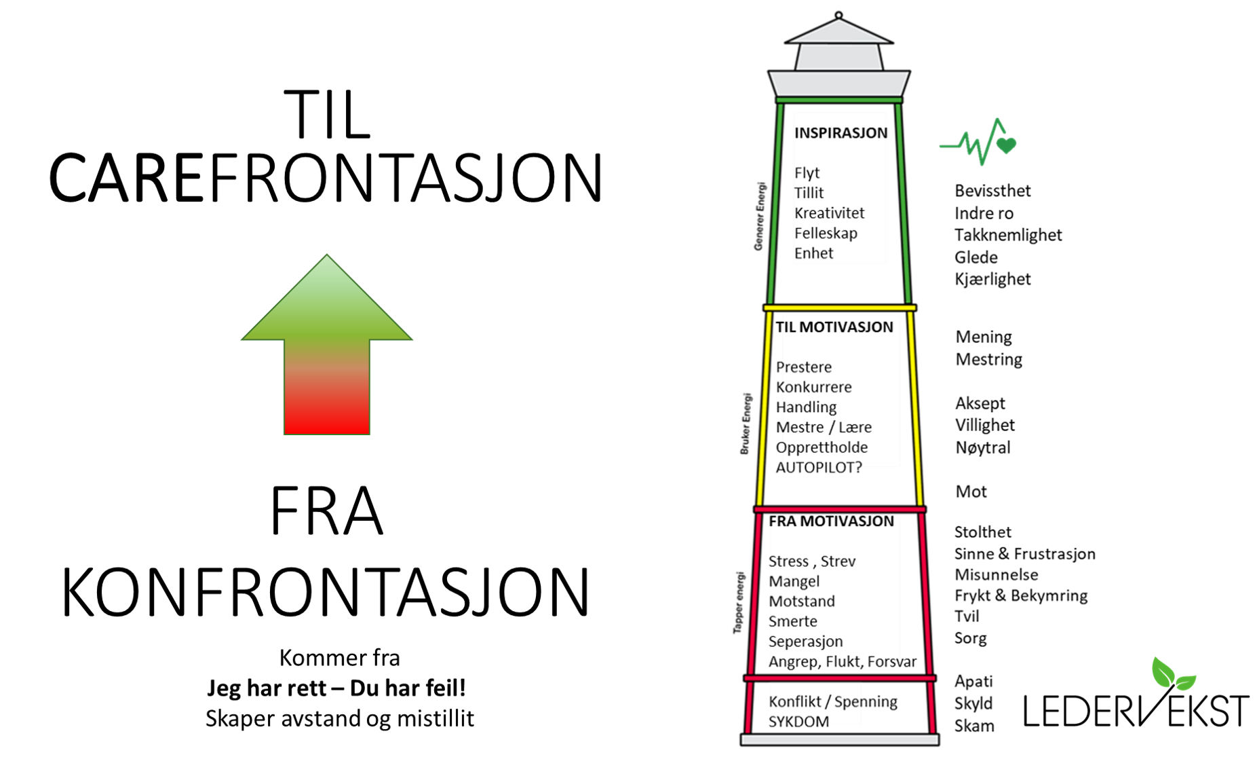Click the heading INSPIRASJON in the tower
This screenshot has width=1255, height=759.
point(840,133)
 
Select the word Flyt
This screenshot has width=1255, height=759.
point(807,173)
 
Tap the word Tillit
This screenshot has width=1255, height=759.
point(809,193)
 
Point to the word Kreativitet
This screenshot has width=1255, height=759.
point(829,213)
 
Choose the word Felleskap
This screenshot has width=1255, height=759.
point(826,234)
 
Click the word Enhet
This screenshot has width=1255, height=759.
point(813,253)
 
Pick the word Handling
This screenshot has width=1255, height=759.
point(808,407)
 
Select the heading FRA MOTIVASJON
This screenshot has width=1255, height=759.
point(832,521)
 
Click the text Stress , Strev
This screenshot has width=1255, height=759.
point(811,561)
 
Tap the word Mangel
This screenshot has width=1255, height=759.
point(794,582)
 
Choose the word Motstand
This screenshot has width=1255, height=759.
point(801,601)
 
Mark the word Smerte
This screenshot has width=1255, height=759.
point(792,622)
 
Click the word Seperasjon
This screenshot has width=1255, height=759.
point(805,642)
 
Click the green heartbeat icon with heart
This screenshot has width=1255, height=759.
point(980,143)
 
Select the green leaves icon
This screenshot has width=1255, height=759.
point(1173,674)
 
